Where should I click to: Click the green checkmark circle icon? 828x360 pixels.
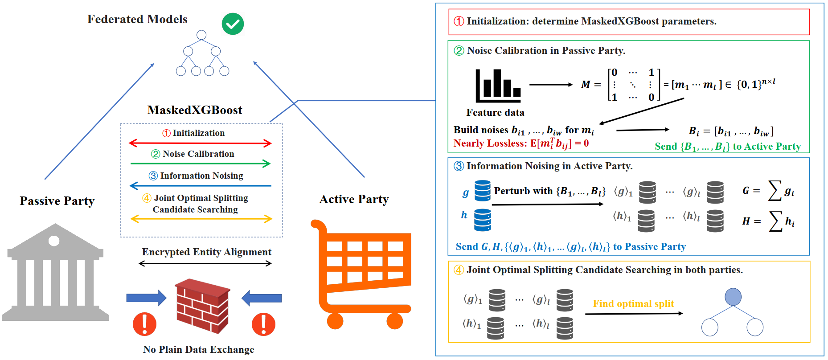[x=233, y=24]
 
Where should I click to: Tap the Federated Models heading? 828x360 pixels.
[x=137, y=19]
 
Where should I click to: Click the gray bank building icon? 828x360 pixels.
[x=55, y=273]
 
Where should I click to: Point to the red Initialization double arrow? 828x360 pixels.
[x=200, y=143]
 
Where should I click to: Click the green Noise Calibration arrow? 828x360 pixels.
[x=200, y=164]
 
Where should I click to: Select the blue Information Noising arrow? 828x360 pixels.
[x=200, y=185]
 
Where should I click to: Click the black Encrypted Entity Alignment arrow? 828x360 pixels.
[x=205, y=263]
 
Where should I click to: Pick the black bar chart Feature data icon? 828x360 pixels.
[x=498, y=86]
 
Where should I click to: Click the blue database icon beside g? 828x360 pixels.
[x=482, y=191]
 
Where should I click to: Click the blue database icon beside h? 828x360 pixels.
[x=482, y=220]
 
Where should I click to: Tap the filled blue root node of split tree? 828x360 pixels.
[x=733, y=297]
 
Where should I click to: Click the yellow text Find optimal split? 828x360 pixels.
[x=633, y=304]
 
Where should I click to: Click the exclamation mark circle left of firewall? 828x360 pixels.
[x=144, y=324]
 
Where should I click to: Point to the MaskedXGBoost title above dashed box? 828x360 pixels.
[x=195, y=110]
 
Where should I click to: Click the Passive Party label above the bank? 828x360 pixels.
[x=57, y=201]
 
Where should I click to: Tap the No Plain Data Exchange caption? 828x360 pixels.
[x=198, y=349]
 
